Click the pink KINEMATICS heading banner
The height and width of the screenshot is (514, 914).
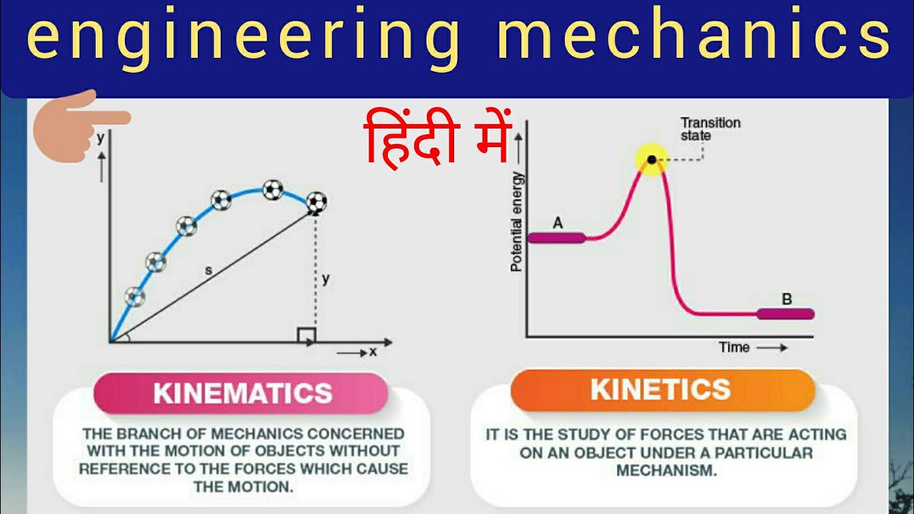click(243, 393)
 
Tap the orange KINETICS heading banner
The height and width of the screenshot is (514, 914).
click(661, 390)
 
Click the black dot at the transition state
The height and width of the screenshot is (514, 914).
click(651, 158)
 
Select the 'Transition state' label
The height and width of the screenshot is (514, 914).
click(710, 128)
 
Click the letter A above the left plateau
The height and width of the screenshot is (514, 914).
click(558, 223)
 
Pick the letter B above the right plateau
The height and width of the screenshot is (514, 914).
click(787, 299)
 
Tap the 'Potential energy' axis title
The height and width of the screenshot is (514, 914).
click(516, 221)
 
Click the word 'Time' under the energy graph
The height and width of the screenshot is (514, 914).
click(734, 347)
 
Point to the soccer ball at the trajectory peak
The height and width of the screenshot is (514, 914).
click(272, 189)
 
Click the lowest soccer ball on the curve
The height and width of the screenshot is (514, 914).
click(134, 296)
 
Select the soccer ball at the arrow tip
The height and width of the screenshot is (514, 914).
click(316, 203)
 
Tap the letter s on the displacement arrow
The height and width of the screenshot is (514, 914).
click(209, 271)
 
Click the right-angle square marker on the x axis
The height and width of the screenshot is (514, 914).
click(306, 334)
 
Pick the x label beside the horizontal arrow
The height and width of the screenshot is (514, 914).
click(373, 351)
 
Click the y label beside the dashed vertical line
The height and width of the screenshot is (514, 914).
click(326, 279)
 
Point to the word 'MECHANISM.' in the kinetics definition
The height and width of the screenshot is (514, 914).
click(666, 471)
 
